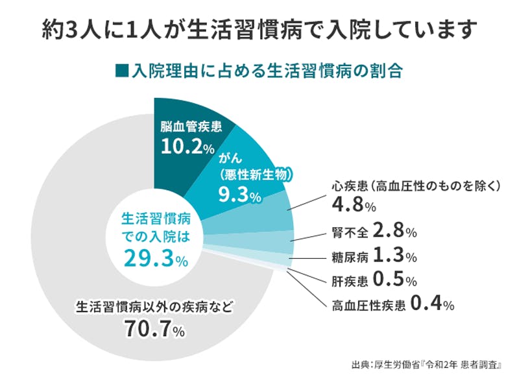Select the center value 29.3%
pyautogui.click(x=155, y=259)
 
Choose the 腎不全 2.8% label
pyautogui.click(x=369, y=231)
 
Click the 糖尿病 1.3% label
pyautogui.click(x=369, y=256)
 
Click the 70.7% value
pyautogui.click(x=154, y=330)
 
